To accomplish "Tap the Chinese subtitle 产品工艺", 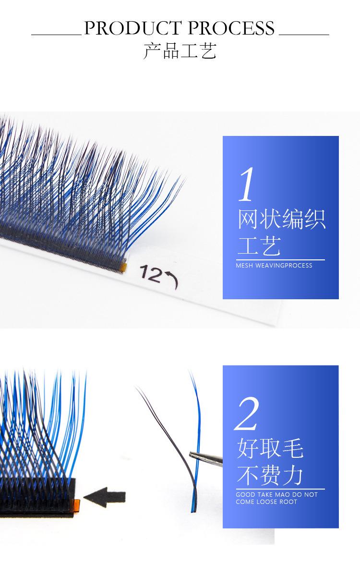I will point(180,51).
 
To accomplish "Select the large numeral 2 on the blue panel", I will point(248,414).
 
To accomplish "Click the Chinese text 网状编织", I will point(282,220).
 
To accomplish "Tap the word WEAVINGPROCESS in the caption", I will point(284,266).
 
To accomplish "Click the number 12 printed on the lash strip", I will point(151,272).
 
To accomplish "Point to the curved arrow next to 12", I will point(171,281).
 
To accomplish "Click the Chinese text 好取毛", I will point(270,449).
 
